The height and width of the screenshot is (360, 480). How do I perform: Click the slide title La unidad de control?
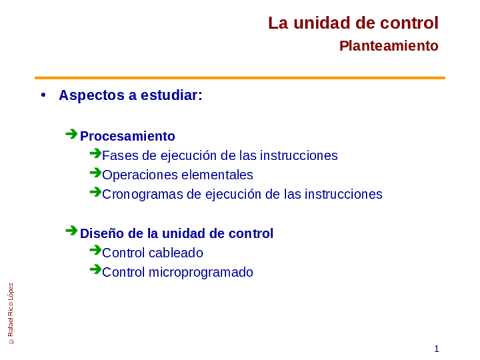coord(353,23)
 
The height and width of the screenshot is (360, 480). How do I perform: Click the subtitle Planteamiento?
coord(388,46)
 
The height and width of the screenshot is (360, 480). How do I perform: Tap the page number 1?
coord(436,349)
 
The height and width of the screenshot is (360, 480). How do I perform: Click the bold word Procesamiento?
coord(127,136)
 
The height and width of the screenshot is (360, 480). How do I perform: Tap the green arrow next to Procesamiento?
coord(71,134)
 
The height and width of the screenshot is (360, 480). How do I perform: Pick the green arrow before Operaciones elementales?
coord(95,173)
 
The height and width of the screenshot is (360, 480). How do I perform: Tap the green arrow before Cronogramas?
coord(95,192)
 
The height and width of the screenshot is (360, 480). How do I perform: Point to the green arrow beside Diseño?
coord(71,231)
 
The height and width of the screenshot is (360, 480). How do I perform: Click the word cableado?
coord(176,253)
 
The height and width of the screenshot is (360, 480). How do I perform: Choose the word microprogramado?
coord(200,273)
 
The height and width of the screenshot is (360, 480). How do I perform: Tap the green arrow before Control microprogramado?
coord(95,269)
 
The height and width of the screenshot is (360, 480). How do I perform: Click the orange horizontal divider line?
coord(239,78)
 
